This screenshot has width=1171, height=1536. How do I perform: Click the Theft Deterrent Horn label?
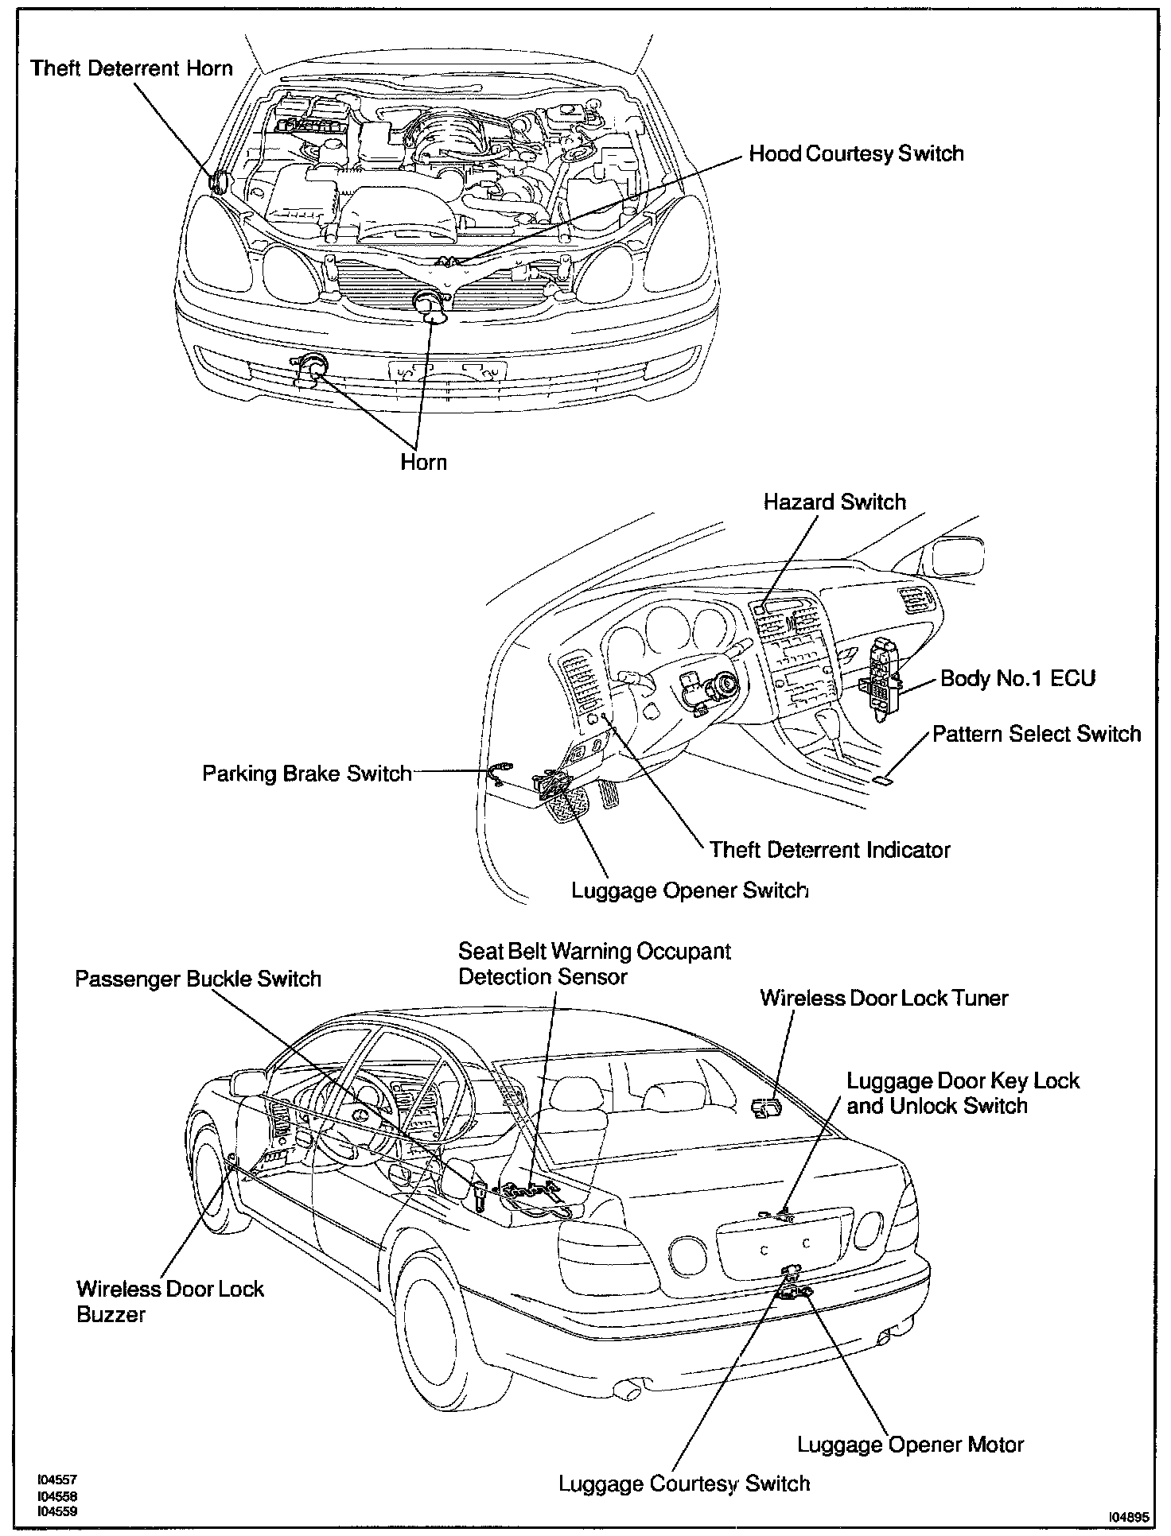coord(132,68)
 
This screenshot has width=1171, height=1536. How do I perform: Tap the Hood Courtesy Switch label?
coord(856,153)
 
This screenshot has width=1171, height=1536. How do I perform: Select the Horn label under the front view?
coord(423,462)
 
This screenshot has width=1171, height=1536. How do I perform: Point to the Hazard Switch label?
coord(834,502)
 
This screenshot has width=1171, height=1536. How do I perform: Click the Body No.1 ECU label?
coord(1017,678)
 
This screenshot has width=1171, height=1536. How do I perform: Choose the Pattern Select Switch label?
coord(1037,733)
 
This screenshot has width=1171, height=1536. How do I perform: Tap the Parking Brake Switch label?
coord(307,774)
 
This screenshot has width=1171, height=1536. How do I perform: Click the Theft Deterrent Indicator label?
coord(830,850)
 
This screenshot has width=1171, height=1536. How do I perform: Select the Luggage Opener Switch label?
coord(690,890)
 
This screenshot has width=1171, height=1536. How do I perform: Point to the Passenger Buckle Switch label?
coord(198,978)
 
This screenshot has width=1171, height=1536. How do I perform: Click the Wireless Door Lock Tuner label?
coord(884,998)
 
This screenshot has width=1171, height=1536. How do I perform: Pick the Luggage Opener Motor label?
coord(910,1445)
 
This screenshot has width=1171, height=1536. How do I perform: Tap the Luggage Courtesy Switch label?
coord(684,1484)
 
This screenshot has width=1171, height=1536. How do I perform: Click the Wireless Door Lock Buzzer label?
coord(169,1301)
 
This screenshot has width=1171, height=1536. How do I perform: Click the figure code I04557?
coord(57,1480)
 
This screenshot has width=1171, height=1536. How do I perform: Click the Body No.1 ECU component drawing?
coord(885,677)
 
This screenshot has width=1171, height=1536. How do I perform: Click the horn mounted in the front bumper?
coord(310,367)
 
